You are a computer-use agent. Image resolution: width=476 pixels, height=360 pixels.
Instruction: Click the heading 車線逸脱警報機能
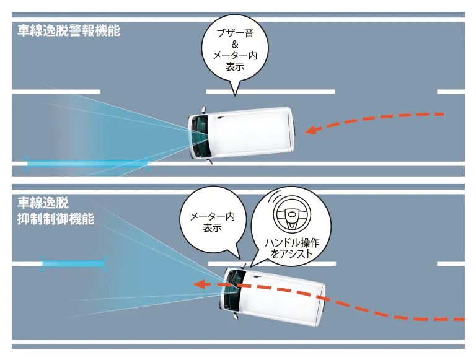point(69,30)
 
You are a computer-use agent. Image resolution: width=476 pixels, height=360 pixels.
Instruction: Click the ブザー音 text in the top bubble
point(235,33)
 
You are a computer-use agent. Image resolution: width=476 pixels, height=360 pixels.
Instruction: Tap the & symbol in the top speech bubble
point(235,45)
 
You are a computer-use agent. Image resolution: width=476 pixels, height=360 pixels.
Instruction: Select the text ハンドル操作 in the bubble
point(292,243)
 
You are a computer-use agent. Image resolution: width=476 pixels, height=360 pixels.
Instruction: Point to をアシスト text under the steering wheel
point(292,254)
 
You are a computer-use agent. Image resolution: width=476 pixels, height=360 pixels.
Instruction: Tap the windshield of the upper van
point(200,136)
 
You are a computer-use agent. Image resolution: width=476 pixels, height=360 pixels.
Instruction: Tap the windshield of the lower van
point(234,289)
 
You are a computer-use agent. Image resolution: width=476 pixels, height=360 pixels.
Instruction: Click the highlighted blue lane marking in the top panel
point(87,164)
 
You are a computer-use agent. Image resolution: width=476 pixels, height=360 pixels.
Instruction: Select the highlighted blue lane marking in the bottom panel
point(74,263)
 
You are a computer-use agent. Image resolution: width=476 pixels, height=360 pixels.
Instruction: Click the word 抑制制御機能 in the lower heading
point(56,219)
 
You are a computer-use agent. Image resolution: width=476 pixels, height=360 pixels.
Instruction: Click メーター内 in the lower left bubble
point(213,217)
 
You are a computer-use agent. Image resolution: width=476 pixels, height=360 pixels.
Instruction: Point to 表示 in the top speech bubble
point(235,67)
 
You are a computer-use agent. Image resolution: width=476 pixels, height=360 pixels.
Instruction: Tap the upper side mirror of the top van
point(203,110)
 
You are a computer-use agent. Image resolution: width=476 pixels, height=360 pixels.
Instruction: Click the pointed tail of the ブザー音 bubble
point(235,95)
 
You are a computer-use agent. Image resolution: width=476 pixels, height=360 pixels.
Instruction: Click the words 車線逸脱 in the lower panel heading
point(43,203)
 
